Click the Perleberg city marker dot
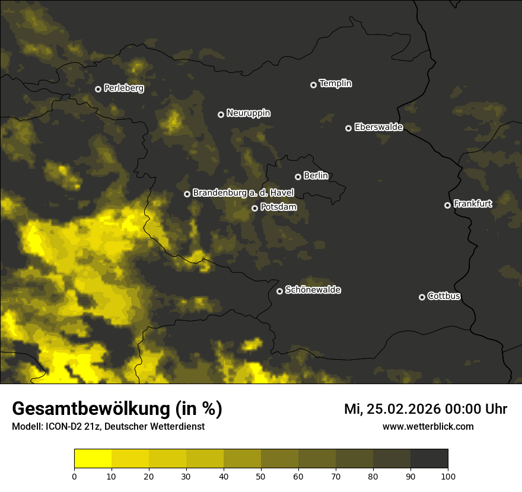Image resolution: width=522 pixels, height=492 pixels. pos(98,89)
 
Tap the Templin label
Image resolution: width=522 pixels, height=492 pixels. pos(335,84)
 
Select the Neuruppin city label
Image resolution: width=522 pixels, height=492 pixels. pos(248,113)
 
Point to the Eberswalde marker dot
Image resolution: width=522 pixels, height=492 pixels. pos(348,128)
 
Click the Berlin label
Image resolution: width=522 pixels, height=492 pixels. pos(316,175)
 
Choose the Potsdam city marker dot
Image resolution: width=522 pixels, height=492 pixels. pos(254,208)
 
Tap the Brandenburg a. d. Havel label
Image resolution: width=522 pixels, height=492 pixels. pos(243,193)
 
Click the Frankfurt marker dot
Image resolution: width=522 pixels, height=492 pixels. pos(447,205)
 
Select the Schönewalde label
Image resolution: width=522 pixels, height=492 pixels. pos(313,290)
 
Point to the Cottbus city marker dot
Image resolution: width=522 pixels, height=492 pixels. pos(422,297)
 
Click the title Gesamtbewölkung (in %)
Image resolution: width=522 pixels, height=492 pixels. pos(117,409)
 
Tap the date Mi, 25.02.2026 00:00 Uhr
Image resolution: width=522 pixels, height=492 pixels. pos(425,409)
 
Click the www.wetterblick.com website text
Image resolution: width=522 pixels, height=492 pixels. pos(428,426)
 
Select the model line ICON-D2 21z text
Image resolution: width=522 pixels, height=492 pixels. pos(108,426)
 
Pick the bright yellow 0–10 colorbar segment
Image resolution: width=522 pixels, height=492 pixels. pos(93,459)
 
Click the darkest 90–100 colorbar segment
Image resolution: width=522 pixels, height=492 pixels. pos(429,459)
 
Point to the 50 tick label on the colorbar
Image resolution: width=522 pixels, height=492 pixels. pos(261,475)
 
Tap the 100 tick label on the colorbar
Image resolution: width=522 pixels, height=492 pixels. pos(448,475)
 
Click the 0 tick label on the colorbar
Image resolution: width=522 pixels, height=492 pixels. pos(74,475)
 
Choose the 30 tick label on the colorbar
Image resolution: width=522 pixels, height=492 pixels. pos(186,475)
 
